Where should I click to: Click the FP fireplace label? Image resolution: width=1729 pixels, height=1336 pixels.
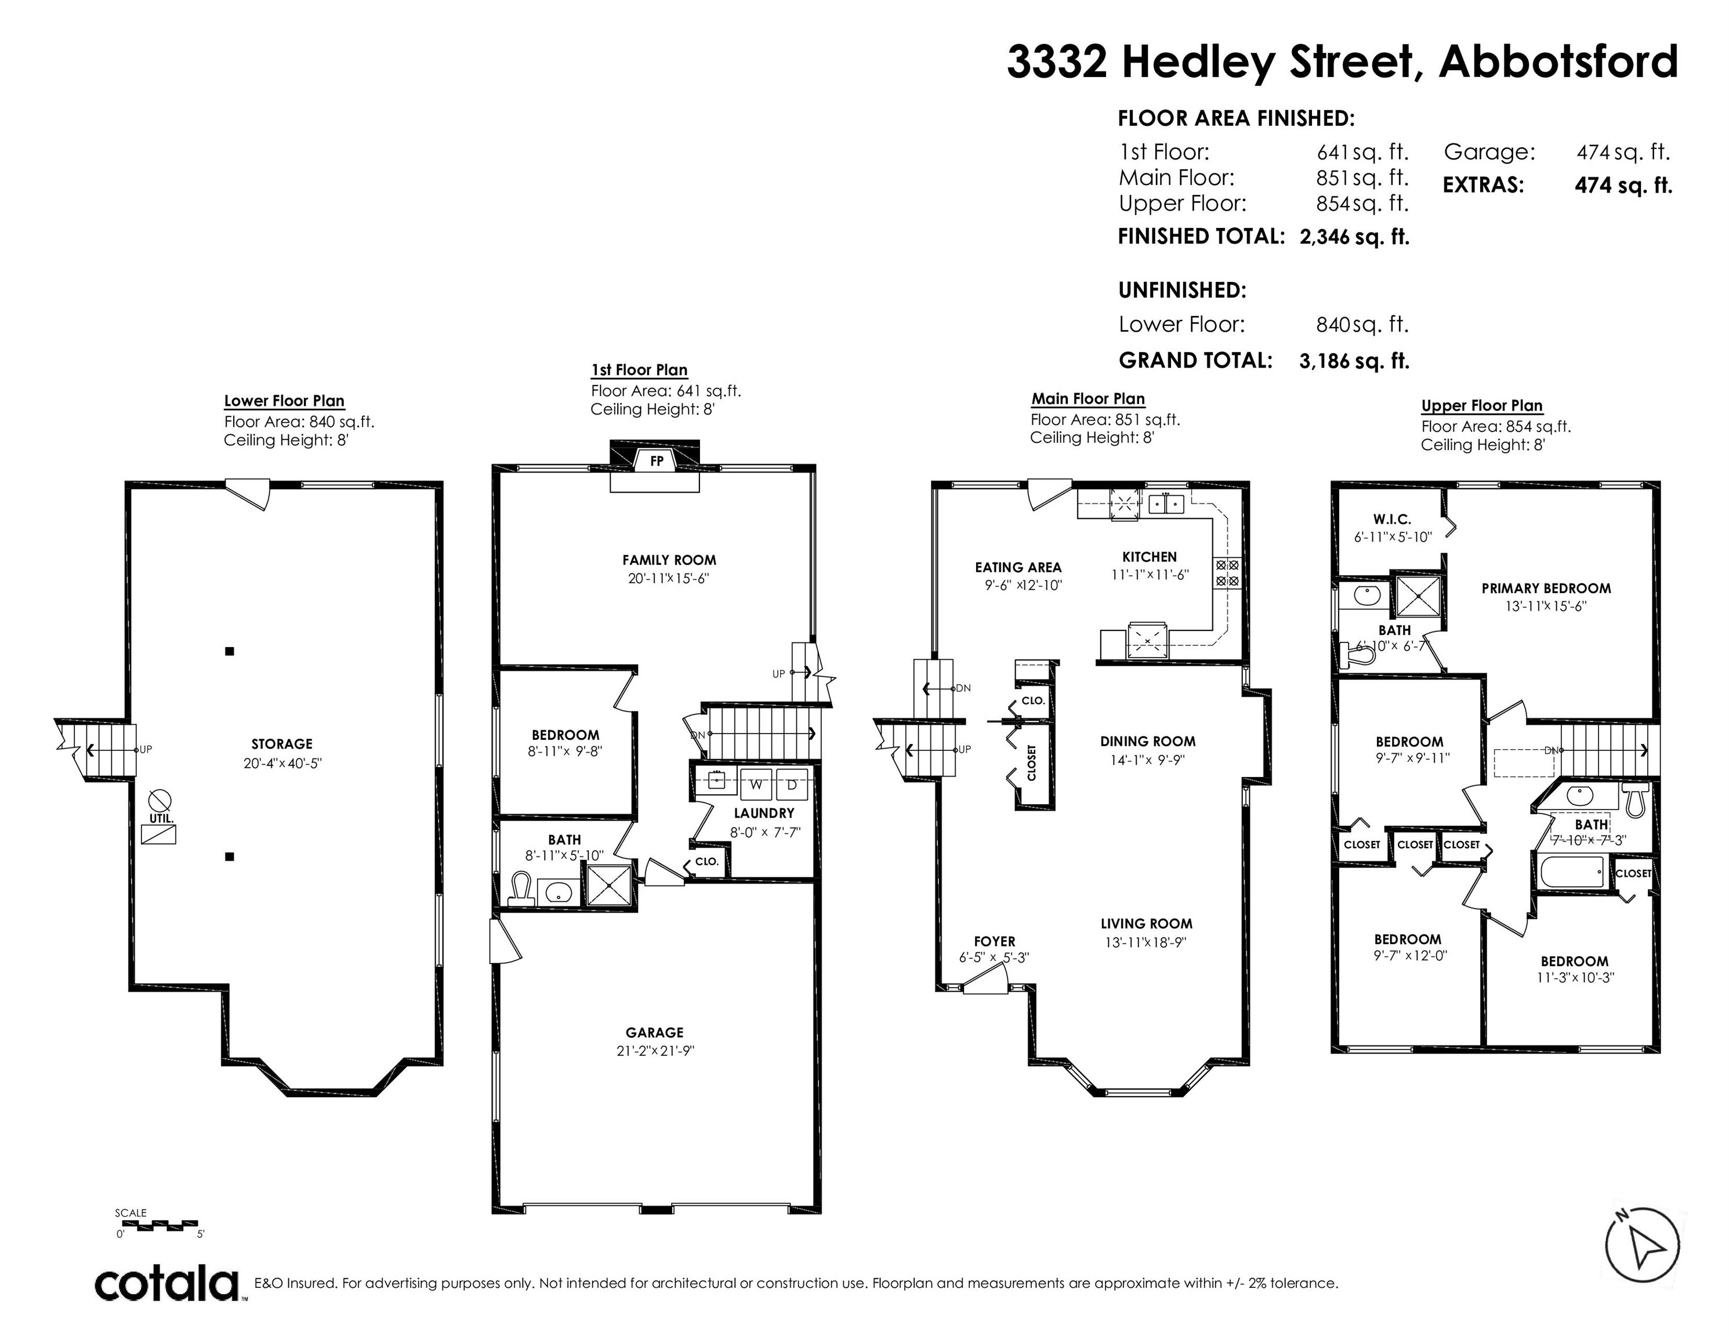[657, 460]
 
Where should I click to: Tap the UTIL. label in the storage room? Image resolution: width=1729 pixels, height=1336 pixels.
[161, 818]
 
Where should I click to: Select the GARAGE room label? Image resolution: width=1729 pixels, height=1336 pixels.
[654, 1032]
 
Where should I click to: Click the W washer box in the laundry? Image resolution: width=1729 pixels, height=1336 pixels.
[757, 785]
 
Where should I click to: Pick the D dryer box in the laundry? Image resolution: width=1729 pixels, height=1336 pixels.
[792, 785]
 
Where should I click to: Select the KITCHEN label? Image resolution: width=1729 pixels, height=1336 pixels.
[1150, 557]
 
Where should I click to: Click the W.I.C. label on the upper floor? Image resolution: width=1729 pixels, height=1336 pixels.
[1392, 519]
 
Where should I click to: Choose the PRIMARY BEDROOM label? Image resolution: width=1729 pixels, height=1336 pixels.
[1546, 588]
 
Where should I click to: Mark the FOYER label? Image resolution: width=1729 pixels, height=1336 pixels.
[994, 942]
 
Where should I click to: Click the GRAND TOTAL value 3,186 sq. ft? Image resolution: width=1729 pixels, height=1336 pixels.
[1354, 361]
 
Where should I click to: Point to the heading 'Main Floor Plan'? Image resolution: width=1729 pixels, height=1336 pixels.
[1088, 399]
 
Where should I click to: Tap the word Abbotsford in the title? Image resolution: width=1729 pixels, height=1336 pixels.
[1558, 61]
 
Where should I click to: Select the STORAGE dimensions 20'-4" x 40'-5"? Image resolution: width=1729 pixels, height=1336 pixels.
[282, 764]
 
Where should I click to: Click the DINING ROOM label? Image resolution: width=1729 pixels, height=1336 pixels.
[1147, 742]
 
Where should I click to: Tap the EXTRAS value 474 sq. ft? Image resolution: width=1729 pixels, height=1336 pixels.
[1623, 185]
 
